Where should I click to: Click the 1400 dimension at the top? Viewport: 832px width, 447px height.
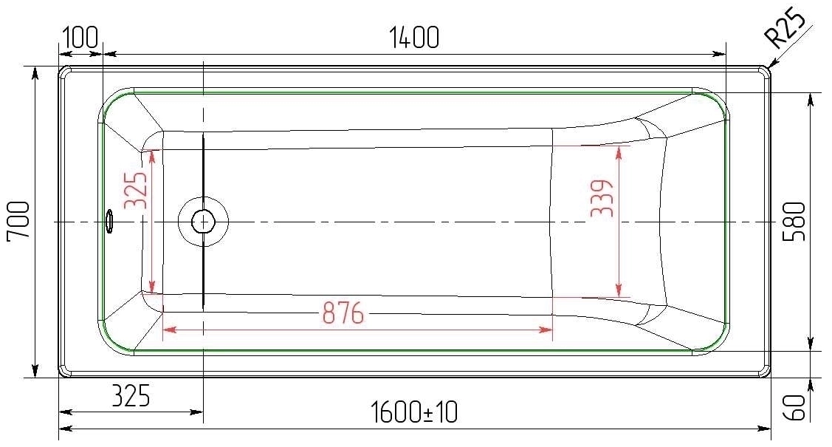tap(414, 37)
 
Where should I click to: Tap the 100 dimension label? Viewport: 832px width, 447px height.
tap(80, 37)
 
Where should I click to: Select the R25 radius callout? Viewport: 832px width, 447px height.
tap(785, 27)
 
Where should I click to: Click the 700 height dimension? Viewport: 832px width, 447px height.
tap(18, 221)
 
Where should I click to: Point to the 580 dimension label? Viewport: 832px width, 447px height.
tap(794, 222)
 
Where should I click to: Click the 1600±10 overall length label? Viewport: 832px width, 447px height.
tap(414, 412)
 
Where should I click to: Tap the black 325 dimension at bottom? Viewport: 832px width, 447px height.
tap(131, 395)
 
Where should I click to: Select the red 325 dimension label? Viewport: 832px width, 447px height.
tap(135, 190)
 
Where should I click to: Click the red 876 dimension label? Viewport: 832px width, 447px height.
tap(343, 313)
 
